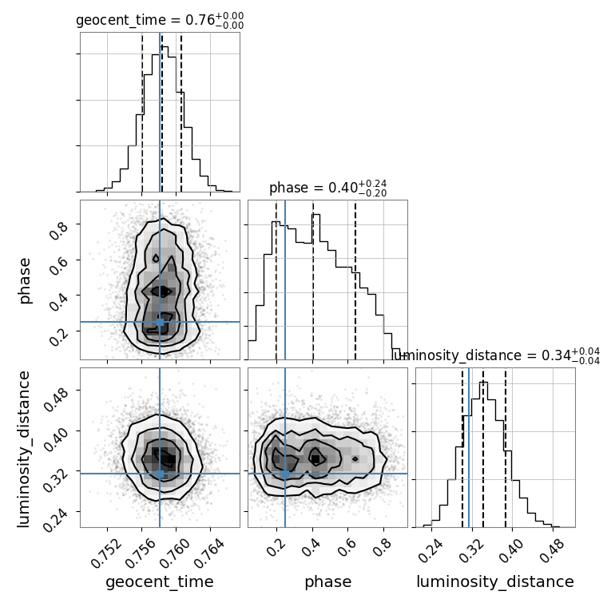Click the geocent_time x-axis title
coord(160,582)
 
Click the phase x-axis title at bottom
coord(327,582)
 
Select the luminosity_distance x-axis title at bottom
coord(495,582)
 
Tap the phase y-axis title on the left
coord(25,280)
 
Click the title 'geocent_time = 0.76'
coord(160,21)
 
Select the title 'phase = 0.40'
coord(327,188)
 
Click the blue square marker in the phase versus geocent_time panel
coord(160,322)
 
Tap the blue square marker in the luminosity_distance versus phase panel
coord(285,474)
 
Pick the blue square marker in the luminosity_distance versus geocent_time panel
coord(160,474)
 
